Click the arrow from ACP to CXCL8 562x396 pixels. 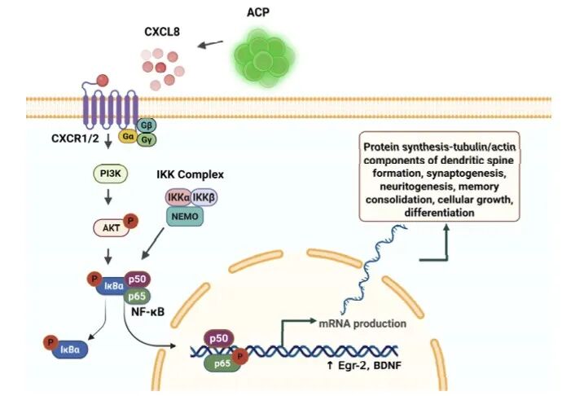click(211, 45)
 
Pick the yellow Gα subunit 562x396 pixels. click(127, 136)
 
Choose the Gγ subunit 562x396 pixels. click(147, 140)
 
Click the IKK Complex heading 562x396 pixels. click(191, 174)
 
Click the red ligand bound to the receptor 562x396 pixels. click(103, 81)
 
